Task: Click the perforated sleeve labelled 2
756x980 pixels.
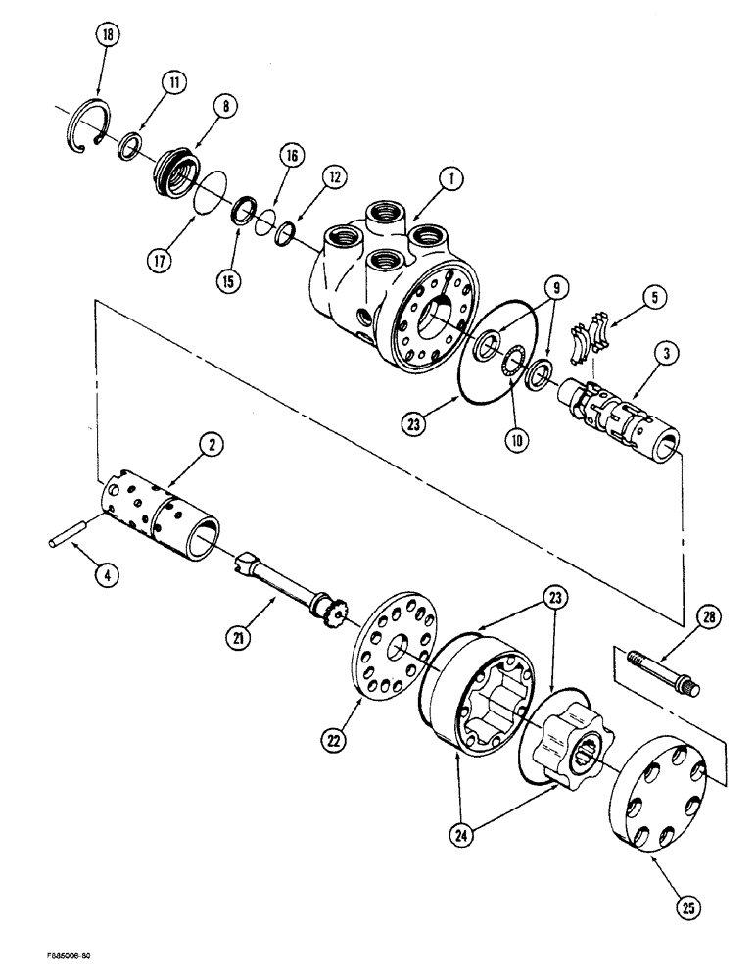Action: tap(166, 515)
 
